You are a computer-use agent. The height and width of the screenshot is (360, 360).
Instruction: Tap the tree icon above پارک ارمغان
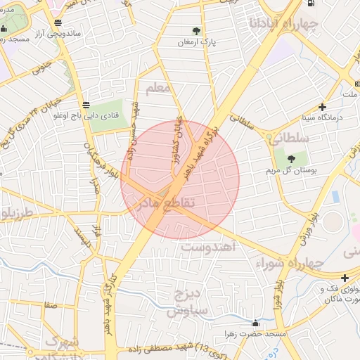(x=195, y=31)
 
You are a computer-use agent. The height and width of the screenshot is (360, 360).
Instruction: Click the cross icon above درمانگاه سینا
(x=322, y=108)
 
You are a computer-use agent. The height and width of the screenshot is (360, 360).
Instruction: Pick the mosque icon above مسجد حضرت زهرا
(x=255, y=323)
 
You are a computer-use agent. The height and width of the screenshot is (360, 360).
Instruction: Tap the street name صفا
(x=50, y=306)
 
